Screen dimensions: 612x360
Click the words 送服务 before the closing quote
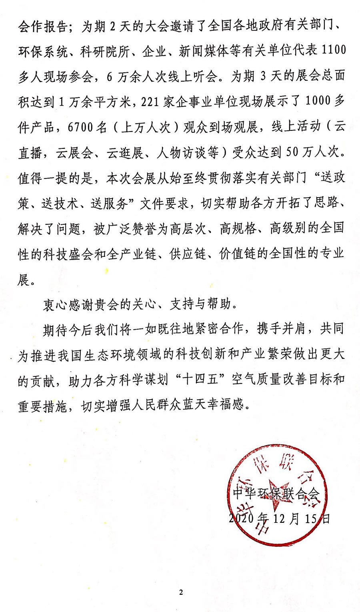110,204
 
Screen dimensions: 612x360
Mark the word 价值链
238,254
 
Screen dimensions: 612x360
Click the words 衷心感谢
68,305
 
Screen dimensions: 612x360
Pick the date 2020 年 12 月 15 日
280,518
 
